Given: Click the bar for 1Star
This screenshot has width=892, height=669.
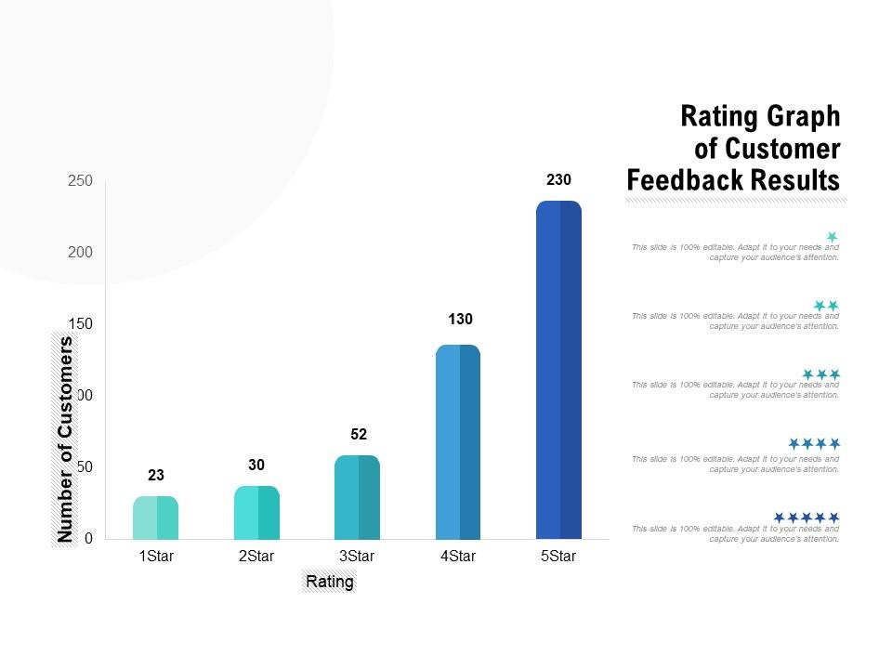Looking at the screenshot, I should click(x=156, y=518).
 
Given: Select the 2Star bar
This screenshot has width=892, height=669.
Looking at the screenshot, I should click(x=256, y=512).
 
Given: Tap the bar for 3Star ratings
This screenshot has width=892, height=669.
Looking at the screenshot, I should click(x=357, y=497).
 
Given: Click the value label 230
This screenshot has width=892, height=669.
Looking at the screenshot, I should click(x=558, y=180).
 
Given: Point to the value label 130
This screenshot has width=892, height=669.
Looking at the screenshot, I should click(x=461, y=320).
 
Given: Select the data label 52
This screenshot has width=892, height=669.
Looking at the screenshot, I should click(x=360, y=434).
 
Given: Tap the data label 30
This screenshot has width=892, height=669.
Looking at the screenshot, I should click(x=257, y=465).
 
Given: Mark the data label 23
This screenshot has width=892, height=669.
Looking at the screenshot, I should click(x=156, y=476).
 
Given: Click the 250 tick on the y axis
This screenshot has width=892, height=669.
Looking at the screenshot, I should click(x=81, y=181).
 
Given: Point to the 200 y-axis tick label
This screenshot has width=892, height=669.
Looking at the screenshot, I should click(x=81, y=253).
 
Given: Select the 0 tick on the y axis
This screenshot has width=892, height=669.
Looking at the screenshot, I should click(x=88, y=539).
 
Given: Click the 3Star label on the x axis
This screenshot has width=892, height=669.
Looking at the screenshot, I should click(x=357, y=557).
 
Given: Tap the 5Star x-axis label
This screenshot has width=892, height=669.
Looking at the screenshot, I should click(x=558, y=557).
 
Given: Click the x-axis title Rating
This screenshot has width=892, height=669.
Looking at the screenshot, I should click(x=330, y=583).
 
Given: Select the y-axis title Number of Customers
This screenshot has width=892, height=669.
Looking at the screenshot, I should click(x=65, y=439).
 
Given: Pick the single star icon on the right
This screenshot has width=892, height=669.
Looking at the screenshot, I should click(x=833, y=237).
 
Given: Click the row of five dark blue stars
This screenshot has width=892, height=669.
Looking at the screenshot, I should click(x=807, y=517).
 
